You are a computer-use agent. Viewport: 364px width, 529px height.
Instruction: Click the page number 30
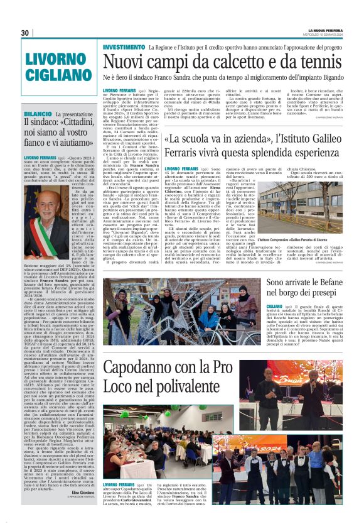(x=25, y=33)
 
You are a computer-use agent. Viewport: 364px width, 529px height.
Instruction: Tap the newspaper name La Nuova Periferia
(x=325, y=30)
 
